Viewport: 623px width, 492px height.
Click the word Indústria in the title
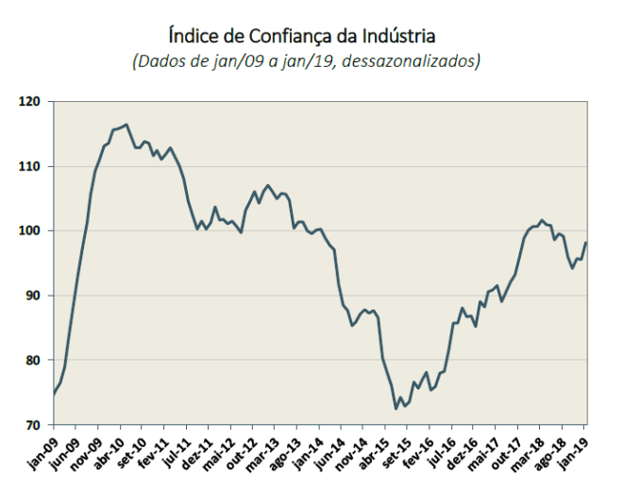tap(392, 37)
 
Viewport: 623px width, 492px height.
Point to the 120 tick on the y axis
tap(34, 101)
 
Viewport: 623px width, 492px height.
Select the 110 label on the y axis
tap(34, 166)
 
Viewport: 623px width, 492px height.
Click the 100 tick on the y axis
tap(34, 230)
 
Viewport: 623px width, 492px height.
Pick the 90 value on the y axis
tap(37, 296)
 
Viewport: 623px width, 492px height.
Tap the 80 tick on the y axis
tap(37, 360)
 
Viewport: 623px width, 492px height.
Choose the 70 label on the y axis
tap(37, 425)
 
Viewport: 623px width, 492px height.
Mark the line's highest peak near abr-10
tap(126, 124)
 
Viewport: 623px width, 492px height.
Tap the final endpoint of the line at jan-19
tap(586, 243)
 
